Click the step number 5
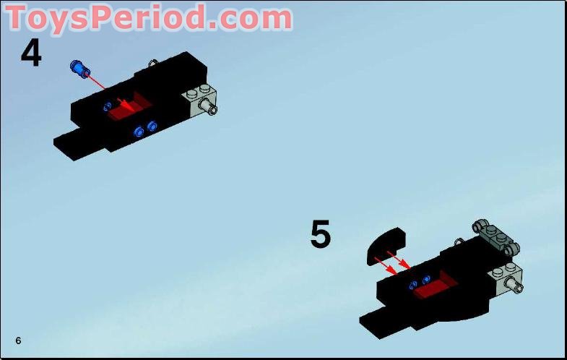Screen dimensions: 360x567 (x=320, y=235)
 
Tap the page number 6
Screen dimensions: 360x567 (x=18, y=340)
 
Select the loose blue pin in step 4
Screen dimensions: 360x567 (x=78, y=69)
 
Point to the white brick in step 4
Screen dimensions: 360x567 (x=199, y=100)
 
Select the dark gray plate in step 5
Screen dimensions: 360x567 (x=497, y=236)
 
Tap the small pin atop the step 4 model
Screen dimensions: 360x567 (x=153, y=64)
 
